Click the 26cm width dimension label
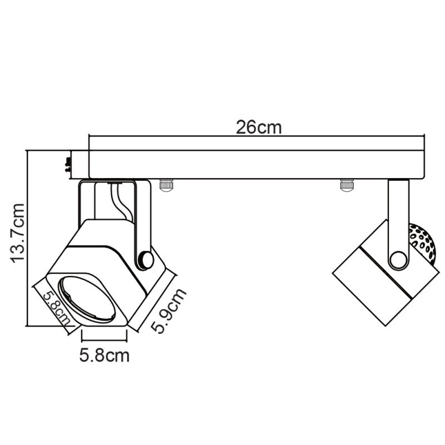pos(259,127)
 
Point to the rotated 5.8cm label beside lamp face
pos(53,307)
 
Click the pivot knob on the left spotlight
pos(146,259)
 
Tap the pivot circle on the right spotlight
pos(398,260)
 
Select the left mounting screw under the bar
pos(166,185)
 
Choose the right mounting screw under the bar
pos(347,185)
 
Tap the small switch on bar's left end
pos(68,164)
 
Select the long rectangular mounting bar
pos(256,165)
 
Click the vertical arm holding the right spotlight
pos(398,217)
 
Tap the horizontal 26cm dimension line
pos(256,137)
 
